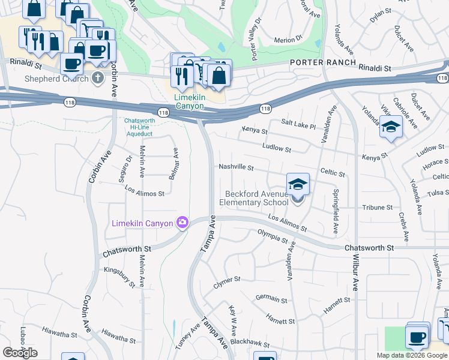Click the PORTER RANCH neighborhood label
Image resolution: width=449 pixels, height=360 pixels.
(324, 62)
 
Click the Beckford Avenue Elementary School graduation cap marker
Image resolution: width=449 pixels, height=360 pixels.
(298, 185)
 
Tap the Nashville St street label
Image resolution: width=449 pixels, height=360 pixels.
(237, 167)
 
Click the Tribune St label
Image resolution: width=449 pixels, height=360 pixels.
(378, 208)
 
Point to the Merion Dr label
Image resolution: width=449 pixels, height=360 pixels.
(288, 40)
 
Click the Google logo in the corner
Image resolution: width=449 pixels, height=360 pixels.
(20, 353)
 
